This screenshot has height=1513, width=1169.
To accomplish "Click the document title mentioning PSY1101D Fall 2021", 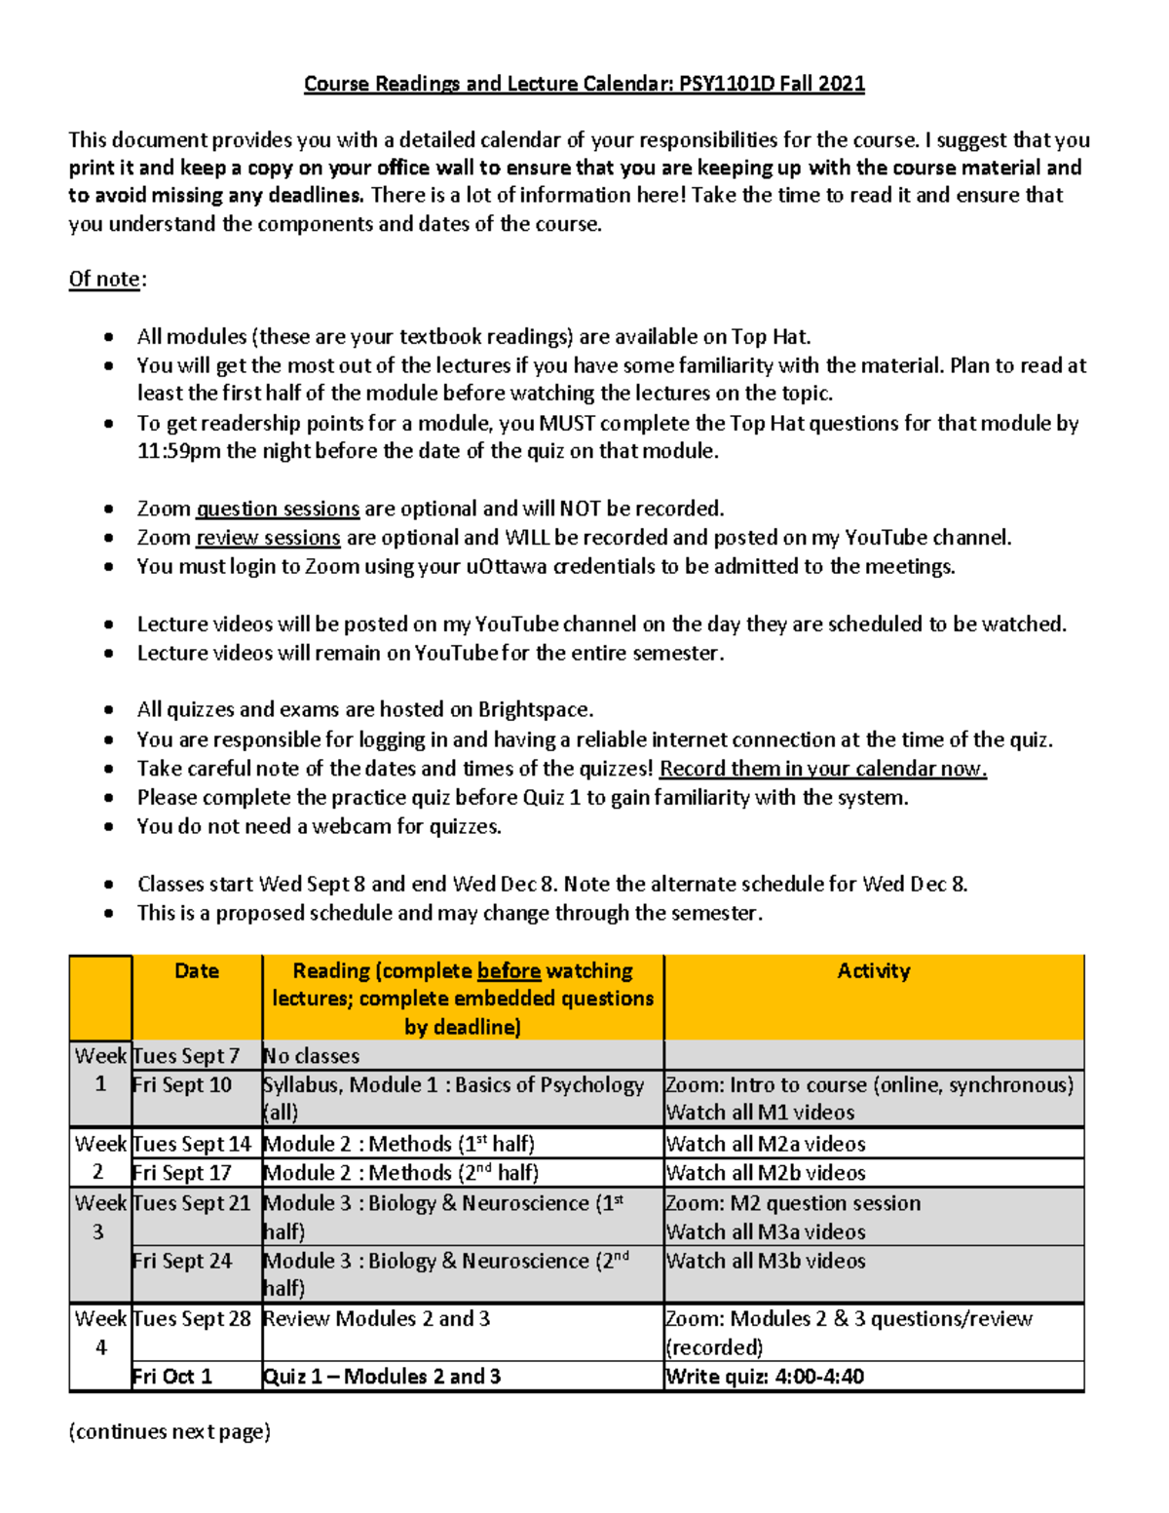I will (x=584, y=84).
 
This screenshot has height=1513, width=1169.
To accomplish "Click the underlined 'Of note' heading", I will (x=104, y=280).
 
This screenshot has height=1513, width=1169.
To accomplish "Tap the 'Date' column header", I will (x=196, y=971).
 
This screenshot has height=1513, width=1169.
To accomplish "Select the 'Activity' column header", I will (x=873, y=971).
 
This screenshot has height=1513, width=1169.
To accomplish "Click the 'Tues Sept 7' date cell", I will (x=186, y=1056).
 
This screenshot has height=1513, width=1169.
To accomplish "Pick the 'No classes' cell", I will (x=312, y=1056).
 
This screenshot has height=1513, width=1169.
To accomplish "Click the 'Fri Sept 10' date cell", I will (x=182, y=1085).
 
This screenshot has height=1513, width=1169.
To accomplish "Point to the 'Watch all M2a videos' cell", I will (x=766, y=1144).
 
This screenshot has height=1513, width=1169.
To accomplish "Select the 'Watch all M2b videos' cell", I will (x=766, y=1173).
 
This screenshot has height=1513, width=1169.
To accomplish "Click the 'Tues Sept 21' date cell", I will (x=192, y=1203).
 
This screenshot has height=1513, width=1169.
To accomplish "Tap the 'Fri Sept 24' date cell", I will (x=182, y=1261).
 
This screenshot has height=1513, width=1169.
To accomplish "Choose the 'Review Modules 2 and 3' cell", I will (x=377, y=1319).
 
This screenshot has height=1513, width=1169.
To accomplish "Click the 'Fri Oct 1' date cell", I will (x=172, y=1377).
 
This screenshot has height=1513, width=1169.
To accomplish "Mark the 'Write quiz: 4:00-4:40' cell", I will (x=765, y=1377).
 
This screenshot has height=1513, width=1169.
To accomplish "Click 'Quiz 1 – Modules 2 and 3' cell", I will (x=382, y=1377).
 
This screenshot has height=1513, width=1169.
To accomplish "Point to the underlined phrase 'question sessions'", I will (x=278, y=510).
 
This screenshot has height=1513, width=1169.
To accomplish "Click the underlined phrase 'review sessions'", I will (x=268, y=538).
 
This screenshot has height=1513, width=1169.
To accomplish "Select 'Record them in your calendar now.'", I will (x=823, y=769).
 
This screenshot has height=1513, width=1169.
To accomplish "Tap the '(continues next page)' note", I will (x=170, y=1431).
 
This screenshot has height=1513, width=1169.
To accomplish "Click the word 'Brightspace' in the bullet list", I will (x=535, y=710).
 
